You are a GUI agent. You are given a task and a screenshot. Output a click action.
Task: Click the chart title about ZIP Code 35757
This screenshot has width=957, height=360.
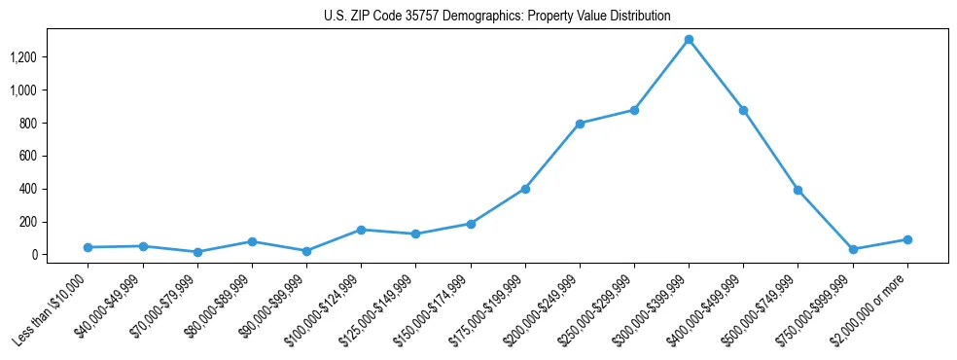click(x=497, y=17)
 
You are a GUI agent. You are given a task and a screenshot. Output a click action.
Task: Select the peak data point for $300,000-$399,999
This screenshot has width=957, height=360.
click(x=689, y=40)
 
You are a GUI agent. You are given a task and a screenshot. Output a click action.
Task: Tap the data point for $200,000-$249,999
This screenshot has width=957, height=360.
click(x=580, y=124)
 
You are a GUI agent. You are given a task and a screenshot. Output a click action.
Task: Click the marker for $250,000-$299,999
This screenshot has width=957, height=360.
click(x=634, y=110)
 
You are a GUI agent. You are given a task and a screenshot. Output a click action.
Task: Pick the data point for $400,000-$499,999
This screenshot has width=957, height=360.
click(x=743, y=110)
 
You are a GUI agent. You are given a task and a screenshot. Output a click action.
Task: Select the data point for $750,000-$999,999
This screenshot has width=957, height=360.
click(x=853, y=249)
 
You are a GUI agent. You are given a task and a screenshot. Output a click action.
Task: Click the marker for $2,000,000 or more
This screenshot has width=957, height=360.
click(x=907, y=239)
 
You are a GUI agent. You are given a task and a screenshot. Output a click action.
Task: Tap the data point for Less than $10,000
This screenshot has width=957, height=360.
click(x=89, y=247)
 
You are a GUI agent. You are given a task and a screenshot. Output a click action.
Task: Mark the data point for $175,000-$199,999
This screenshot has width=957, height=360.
click(x=525, y=189)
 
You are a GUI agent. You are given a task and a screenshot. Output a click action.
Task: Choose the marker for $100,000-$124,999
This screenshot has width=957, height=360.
click(x=361, y=230)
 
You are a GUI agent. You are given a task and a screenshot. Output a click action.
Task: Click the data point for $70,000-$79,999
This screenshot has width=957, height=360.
click(x=197, y=252)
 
